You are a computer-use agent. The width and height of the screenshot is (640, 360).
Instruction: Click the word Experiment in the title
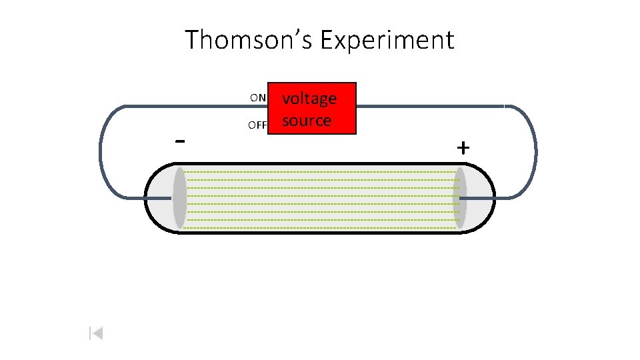click(387, 40)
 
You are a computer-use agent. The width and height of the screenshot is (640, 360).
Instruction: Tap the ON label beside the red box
click(258, 98)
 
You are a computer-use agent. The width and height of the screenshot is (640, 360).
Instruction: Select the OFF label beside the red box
click(257, 125)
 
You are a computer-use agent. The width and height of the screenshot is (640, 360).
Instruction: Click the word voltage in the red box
click(309, 99)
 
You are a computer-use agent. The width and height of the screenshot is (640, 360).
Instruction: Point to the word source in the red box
click(307, 121)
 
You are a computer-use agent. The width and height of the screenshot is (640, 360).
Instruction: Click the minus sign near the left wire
click(179, 141)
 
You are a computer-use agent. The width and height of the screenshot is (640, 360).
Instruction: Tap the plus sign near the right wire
click(463, 147)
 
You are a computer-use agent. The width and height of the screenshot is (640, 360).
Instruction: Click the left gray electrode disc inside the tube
click(179, 198)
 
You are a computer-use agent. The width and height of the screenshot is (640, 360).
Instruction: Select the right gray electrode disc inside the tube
click(459, 198)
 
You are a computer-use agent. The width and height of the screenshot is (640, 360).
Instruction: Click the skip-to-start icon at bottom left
click(96, 333)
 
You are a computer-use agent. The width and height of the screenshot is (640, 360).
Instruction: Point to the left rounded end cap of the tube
click(157, 198)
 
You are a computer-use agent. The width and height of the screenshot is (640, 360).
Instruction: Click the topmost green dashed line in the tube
click(320, 172)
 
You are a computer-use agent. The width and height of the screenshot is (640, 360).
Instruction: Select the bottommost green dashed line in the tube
click(320, 227)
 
